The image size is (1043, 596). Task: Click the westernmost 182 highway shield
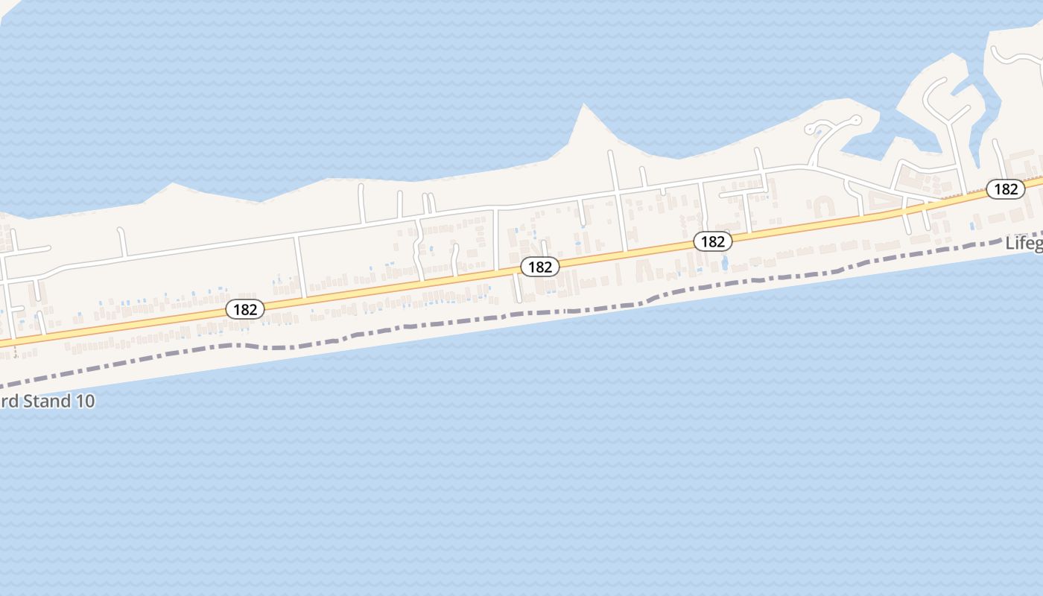pyautogui.click(x=245, y=309)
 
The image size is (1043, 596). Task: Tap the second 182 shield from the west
pyautogui.click(x=539, y=267)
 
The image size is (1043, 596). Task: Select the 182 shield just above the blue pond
pyautogui.click(x=713, y=241)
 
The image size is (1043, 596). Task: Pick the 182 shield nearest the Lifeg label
pyautogui.click(x=1005, y=188)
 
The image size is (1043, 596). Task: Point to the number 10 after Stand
pyautogui.click(x=85, y=401)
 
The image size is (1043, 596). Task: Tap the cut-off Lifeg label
pyautogui.click(x=1024, y=243)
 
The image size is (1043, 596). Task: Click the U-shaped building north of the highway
pyautogui.click(x=822, y=205)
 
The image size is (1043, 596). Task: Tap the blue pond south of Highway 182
pyautogui.click(x=724, y=263)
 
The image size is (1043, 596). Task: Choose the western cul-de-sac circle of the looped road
pyautogui.click(x=812, y=130)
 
